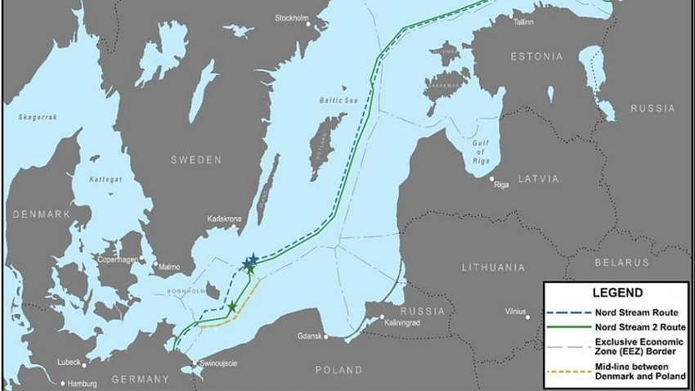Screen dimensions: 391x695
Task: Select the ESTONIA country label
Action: tap(536, 56)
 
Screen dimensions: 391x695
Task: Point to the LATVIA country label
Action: tap(537, 178)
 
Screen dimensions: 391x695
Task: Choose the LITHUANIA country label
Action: tap(492, 267)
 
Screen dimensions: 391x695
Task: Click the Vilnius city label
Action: tap(515, 312)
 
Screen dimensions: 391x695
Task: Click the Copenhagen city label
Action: tap(118, 259)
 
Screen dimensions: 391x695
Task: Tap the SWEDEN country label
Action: tap(196, 160)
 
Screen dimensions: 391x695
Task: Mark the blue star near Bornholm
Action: tap(249, 262)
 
